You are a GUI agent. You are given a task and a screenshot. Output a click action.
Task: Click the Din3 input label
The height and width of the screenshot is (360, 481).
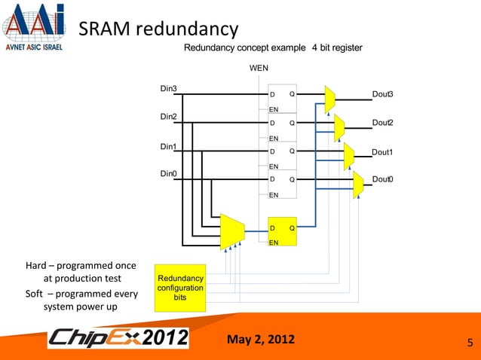coord(168,89)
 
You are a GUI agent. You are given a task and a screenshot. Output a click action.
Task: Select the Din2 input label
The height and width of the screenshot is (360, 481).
coord(168,117)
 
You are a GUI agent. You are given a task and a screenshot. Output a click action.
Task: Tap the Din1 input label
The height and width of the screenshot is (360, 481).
coord(168,146)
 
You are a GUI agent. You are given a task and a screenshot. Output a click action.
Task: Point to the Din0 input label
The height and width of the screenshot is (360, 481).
coord(168,174)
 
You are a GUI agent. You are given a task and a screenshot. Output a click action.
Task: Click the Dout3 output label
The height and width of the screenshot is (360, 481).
coord(383,93)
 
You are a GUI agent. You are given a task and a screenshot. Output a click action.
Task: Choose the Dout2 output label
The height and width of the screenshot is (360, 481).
coord(383,122)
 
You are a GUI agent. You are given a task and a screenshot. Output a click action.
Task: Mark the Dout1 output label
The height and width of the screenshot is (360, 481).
coord(383,152)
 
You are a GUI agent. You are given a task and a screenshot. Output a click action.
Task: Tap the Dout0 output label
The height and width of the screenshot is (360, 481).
coord(383,178)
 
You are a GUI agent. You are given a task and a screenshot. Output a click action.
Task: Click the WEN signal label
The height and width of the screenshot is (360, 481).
coord(259,69)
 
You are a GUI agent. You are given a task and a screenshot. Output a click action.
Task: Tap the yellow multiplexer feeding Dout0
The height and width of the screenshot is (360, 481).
coord(358,184)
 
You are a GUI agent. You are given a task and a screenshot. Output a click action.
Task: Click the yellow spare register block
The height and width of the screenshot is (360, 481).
coord(283,233)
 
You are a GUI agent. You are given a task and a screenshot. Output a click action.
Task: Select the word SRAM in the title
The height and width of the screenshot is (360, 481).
coord(105,29)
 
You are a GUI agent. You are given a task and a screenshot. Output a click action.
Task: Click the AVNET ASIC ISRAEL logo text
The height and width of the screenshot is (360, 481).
coord(35,44)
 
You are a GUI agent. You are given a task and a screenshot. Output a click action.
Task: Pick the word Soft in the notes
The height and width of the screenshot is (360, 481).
coord(38,294)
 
